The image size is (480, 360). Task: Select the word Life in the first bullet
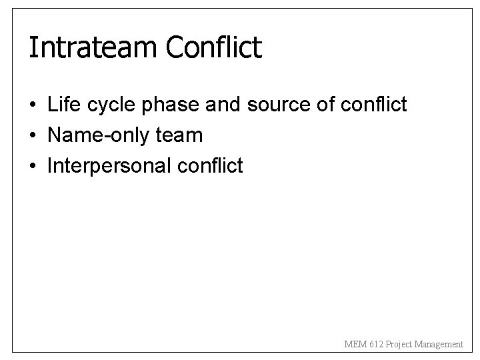(x=62, y=105)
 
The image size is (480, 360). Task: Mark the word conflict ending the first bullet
(x=369, y=105)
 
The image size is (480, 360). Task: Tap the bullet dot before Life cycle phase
(x=32, y=105)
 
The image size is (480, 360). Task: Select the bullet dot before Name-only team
(x=32, y=136)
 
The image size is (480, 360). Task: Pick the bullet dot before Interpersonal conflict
(x=32, y=166)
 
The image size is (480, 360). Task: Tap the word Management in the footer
(x=441, y=345)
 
